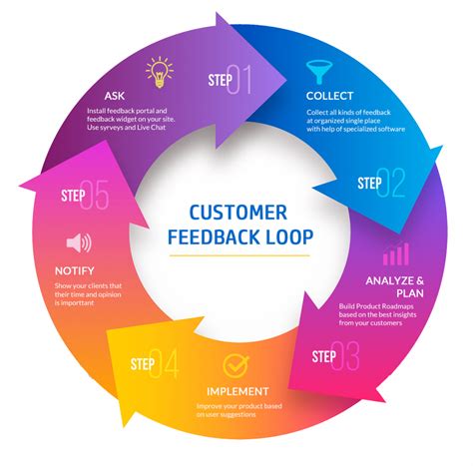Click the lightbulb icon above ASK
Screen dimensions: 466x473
pyautogui.click(x=159, y=72)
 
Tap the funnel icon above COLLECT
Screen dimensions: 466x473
pyautogui.click(x=319, y=71)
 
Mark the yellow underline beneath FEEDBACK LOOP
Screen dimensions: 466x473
pyautogui.click(x=236, y=255)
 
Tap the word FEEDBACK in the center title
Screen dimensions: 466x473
pyautogui.click(x=213, y=237)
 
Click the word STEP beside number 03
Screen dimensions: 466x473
pyautogui.click(x=323, y=356)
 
